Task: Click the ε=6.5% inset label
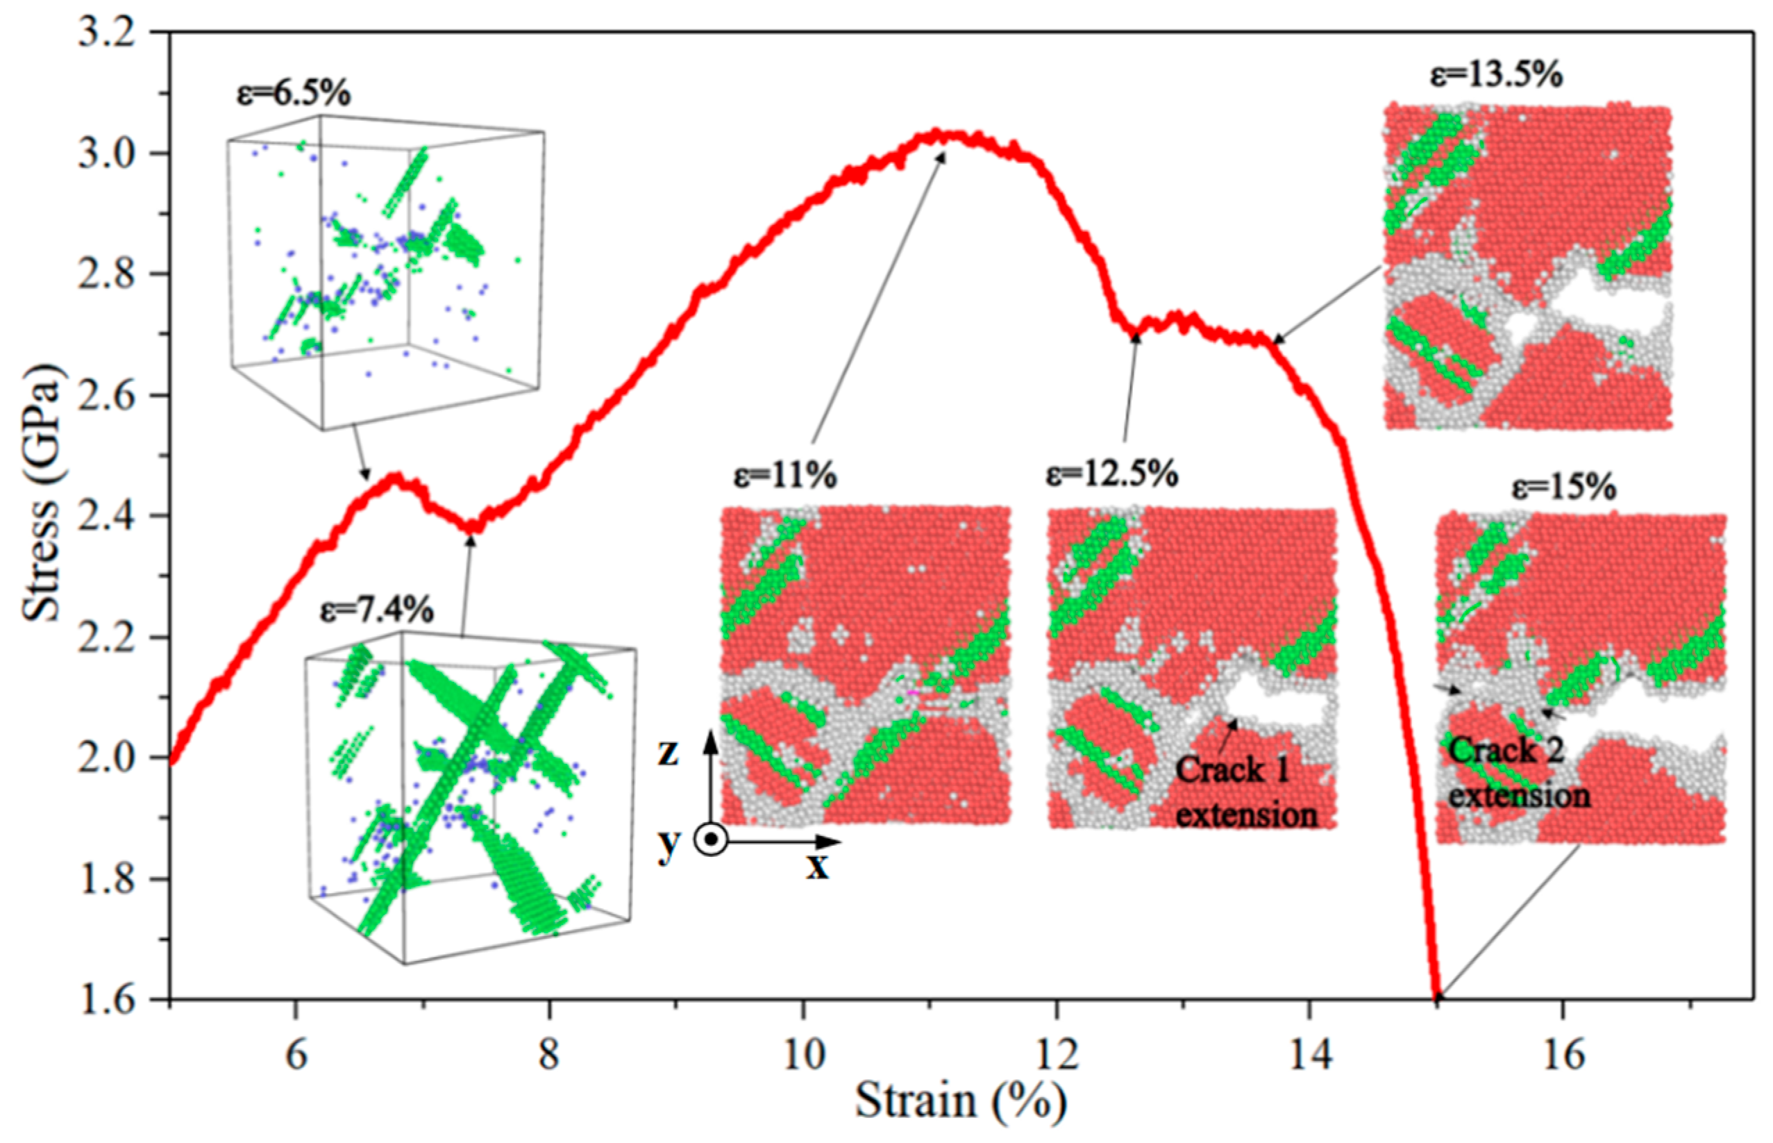(293, 94)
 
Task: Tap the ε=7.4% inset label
(377, 610)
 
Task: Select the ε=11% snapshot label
(785, 475)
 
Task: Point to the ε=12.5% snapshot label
(1112, 473)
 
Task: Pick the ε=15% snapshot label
(1564, 487)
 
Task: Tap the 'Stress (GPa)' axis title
(41, 494)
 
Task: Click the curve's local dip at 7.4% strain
(473, 528)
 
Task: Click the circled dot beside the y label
(712, 840)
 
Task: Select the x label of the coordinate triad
(818, 865)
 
